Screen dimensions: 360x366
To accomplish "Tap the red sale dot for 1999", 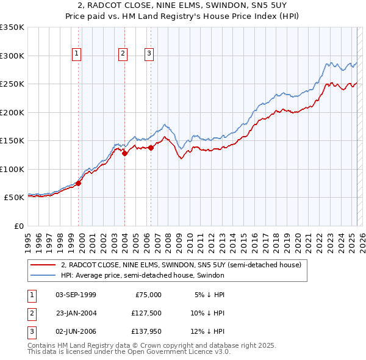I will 79,183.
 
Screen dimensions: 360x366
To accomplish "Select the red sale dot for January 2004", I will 125,154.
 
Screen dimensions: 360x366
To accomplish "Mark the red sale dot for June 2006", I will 151,148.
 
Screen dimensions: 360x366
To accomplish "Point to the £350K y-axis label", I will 12,27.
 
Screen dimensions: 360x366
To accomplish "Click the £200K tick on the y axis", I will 12,112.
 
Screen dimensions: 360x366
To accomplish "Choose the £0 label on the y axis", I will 18,226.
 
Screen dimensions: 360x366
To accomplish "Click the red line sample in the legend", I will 43,265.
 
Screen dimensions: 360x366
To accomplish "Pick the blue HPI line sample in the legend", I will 43,276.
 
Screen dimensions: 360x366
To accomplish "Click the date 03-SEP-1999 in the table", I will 76,295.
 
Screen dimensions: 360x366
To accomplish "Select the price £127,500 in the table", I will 146,313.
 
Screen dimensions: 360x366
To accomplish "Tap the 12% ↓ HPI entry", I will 207,331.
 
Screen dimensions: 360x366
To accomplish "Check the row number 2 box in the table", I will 31,313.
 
